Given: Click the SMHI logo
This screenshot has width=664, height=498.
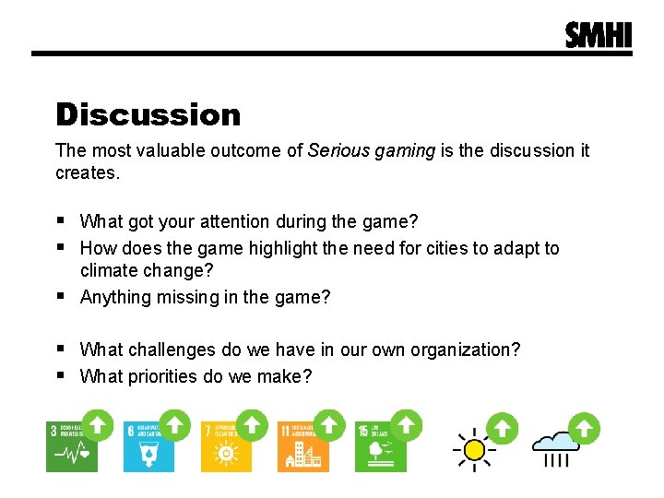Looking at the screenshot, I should (x=599, y=35).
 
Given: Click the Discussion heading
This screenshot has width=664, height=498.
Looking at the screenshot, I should (x=148, y=114).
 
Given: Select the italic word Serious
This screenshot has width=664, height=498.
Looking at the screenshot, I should (x=338, y=150).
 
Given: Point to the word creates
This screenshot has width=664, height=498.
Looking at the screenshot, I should (x=88, y=172).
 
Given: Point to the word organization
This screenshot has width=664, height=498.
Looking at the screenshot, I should (x=460, y=350).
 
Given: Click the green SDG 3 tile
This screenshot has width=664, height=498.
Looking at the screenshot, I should (x=72, y=446).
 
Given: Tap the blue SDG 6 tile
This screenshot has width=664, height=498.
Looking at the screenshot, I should (x=148, y=446).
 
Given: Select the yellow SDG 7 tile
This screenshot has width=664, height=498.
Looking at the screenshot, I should (x=226, y=446).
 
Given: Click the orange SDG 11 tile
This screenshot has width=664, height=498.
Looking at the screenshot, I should (x=303, y=446).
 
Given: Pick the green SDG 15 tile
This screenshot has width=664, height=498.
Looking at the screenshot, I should (x=380, y=446).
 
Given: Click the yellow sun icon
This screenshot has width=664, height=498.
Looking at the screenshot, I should (x=474, y=448).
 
